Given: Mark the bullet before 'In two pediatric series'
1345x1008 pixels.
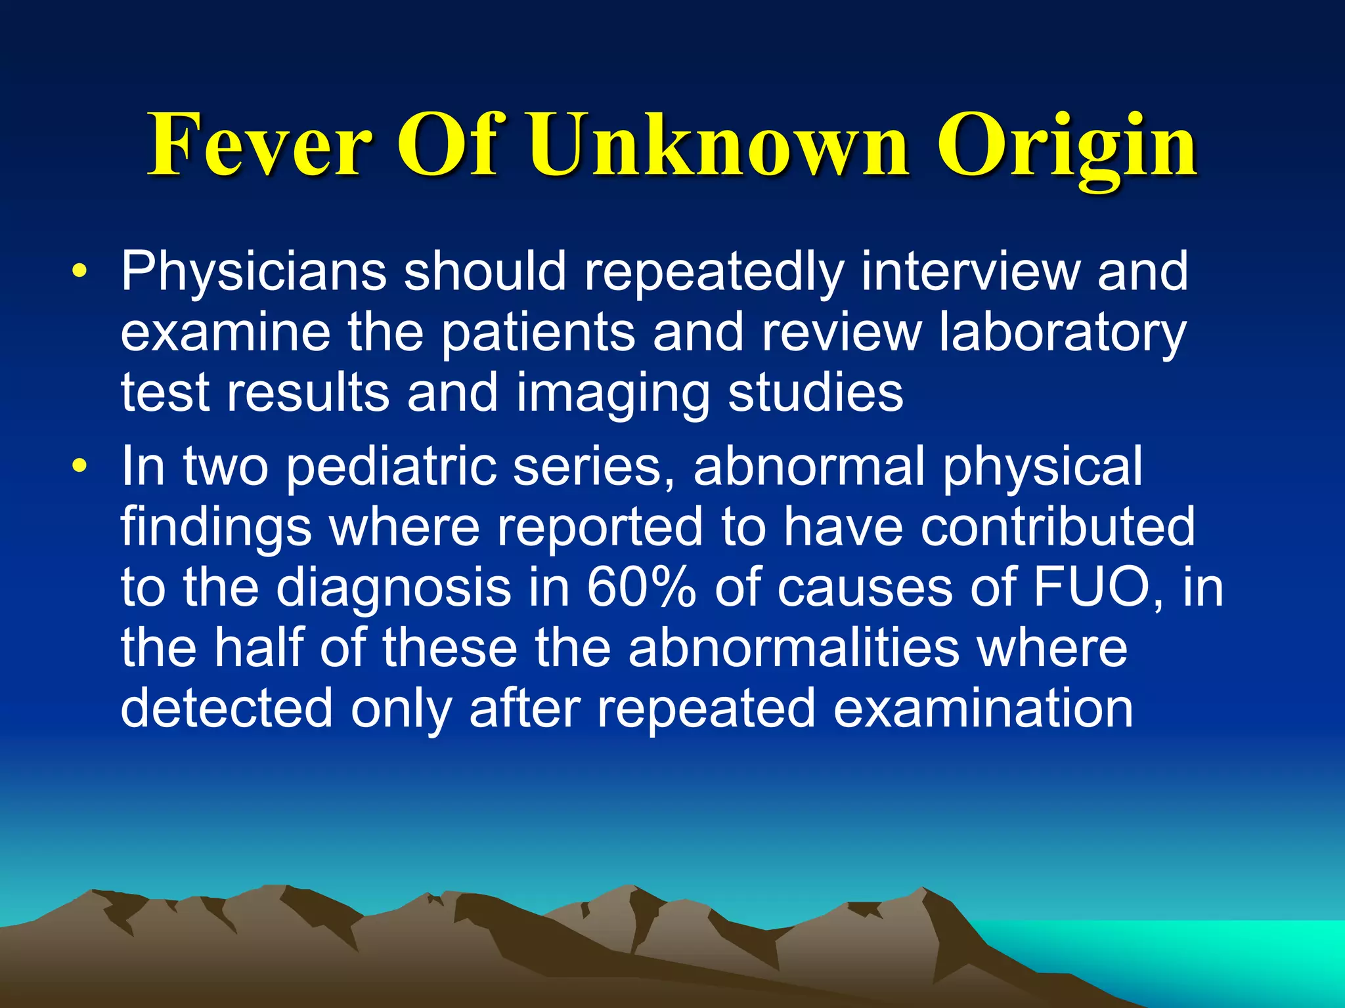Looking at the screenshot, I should pyautogui.click(x=79, y=466).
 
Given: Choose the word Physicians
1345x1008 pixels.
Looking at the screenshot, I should pyautogui.click(x=254, y=272).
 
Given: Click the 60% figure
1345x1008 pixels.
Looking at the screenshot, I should pyautogui.click(x=641, y=587).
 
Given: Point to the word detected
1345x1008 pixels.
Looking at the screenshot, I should pyautogui.click(x=227, y=709).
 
